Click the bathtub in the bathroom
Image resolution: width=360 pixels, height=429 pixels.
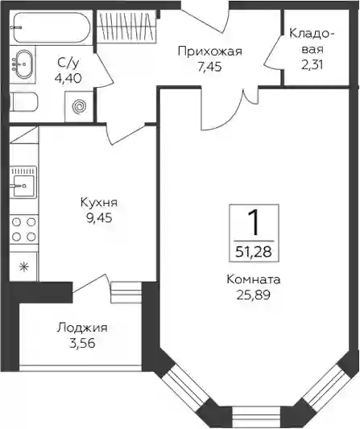(x=52, y=27)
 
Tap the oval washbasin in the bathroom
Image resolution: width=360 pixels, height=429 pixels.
(x=23, y=64)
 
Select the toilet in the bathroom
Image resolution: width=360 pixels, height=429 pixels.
(x=23, y=101)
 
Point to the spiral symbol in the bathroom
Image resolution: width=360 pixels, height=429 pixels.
(x=80, y=105)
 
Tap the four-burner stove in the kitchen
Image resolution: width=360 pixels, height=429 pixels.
(x=24, y=229)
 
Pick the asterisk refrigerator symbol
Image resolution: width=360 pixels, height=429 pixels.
(x=24, y=266)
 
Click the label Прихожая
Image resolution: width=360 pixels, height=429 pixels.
(x=210, y=52)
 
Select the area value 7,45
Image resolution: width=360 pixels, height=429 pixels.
(x=210, y=67)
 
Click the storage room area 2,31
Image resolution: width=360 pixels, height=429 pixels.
(x=312, y=65)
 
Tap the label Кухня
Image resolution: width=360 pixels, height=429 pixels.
(x=99, y=203)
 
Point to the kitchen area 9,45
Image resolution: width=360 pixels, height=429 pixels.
(x=99, y=218)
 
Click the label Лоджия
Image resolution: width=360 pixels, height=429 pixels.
(x=82, y=328)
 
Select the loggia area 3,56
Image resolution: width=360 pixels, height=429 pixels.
(x=82, y=343)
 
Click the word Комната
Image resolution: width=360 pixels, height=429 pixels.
(x=254, y=279)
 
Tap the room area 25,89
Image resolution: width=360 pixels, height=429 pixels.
(x=254, y=295)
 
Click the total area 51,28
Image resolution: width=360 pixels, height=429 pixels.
(x=254, y=252)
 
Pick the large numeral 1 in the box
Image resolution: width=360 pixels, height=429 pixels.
(x=254, y=223)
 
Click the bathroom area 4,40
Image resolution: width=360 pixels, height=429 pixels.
(x=68, y=79)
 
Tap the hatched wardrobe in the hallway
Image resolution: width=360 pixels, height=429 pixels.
(x=126, y=26)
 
